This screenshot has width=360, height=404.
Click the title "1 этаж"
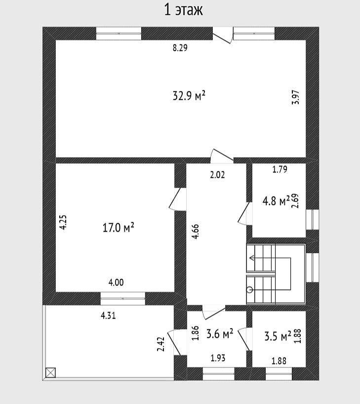pos(184,10)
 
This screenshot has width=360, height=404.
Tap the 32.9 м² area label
pos(189,96)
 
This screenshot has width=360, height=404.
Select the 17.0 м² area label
pos(119,228)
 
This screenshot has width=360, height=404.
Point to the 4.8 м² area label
pos(276,201)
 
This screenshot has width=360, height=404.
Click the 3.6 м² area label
pos(220,334)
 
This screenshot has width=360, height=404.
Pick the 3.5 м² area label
pos(278,336)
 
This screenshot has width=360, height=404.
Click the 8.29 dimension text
pos(180,48)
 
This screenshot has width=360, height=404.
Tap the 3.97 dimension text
pos(296,97)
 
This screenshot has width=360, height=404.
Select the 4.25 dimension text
pos(63,222)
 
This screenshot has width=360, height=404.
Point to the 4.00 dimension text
pos(116,283)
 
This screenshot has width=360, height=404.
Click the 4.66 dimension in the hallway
pos(196,232)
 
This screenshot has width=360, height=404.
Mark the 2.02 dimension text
pos(217,175)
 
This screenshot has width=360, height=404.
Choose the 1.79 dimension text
pos(280,169)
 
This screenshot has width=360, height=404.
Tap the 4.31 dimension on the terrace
pos(108,316)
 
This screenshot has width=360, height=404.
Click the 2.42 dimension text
pos(161,344)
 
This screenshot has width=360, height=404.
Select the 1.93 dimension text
pos(218,358)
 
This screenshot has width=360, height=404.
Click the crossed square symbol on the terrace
pos(50,372)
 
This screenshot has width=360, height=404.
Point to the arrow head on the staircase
pos(251,258)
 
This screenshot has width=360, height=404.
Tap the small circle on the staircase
pos(249,290)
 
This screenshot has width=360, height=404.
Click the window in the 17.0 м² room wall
pos(122,299)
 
